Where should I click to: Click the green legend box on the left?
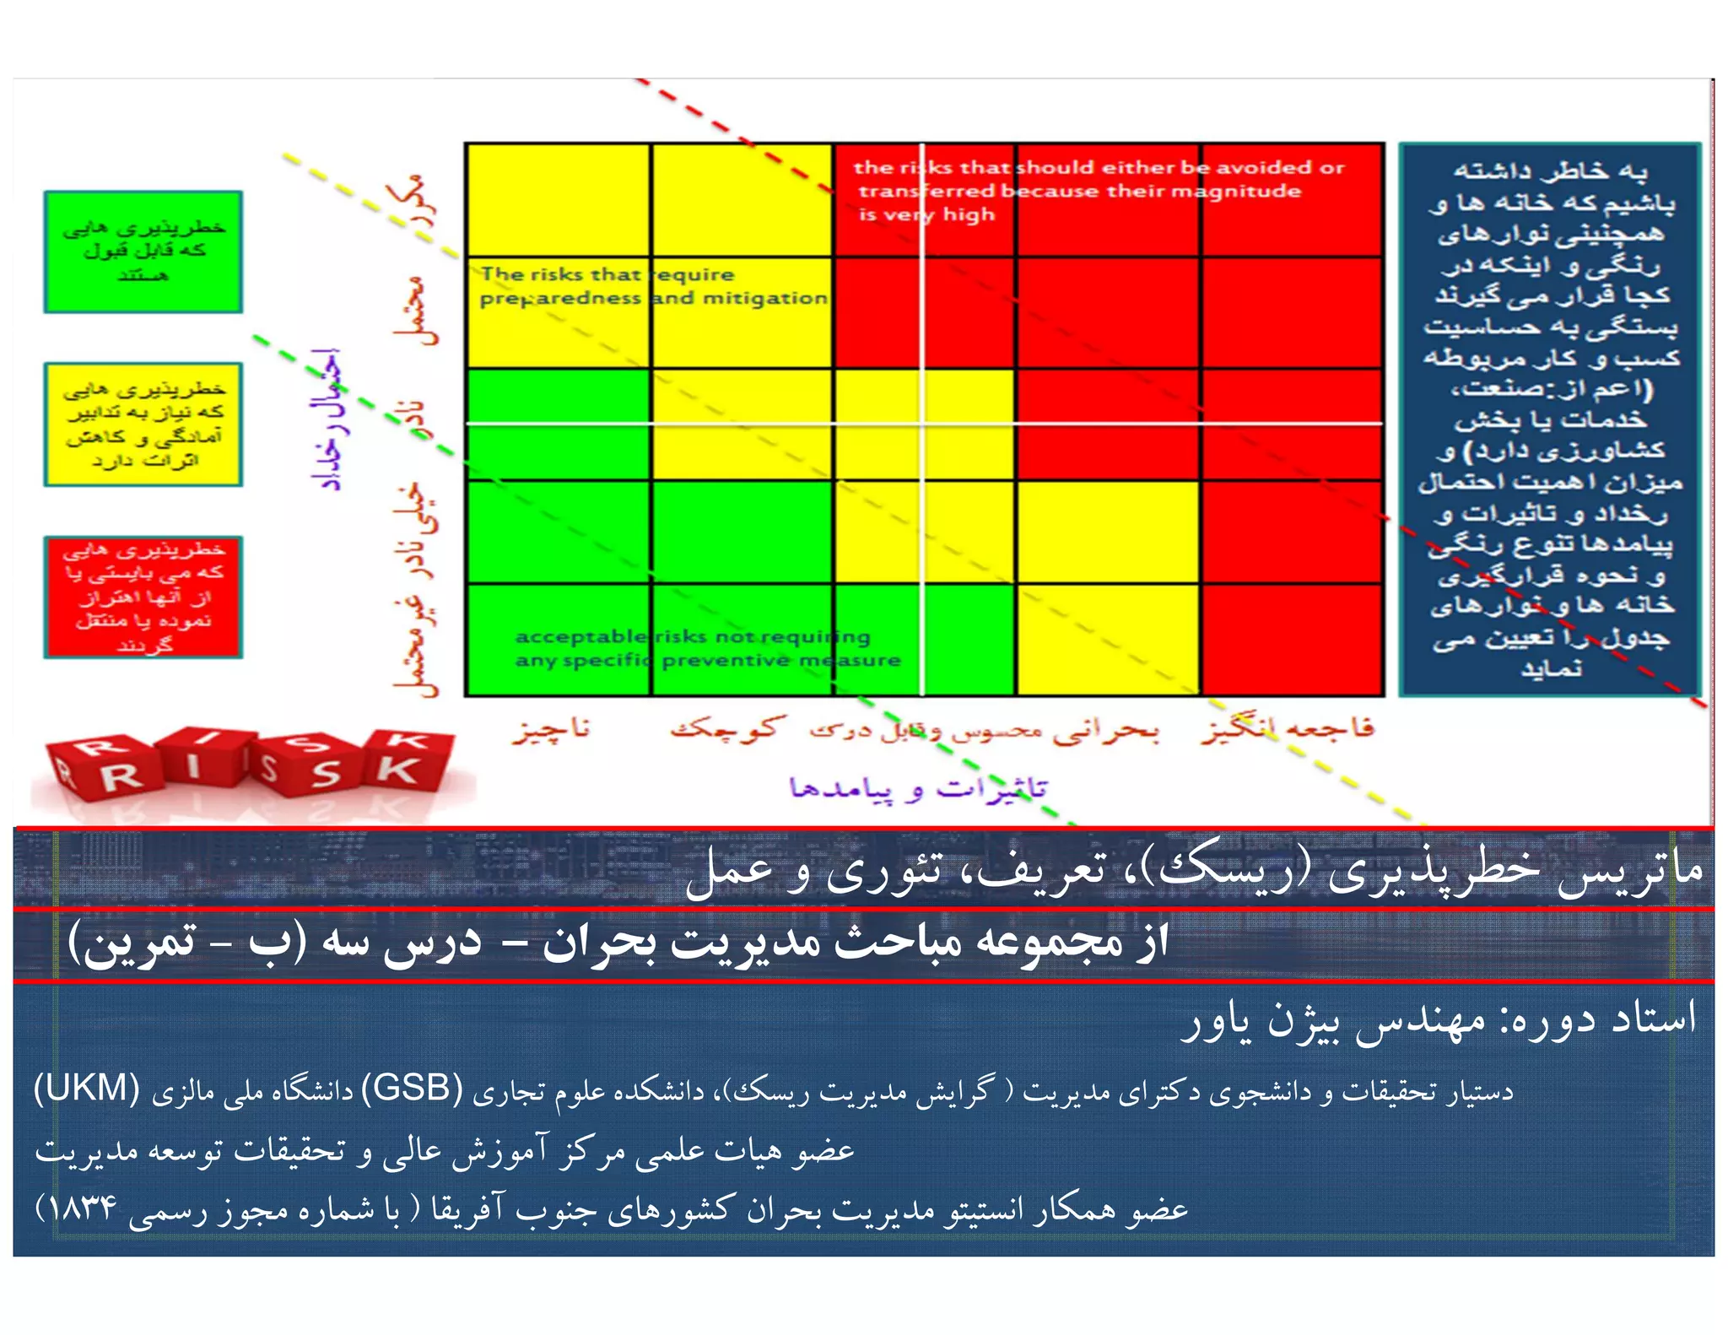coord(143,251)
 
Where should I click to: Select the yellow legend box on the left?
coord(143,424)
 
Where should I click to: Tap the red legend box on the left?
coord(143,597)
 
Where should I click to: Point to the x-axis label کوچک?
coord(727,727)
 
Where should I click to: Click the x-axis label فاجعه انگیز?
coord(1288,728)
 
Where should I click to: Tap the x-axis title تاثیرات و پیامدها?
coord(918,788)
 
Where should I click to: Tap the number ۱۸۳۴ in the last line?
coord(82,1208)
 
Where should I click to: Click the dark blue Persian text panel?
coord(1550,419)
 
